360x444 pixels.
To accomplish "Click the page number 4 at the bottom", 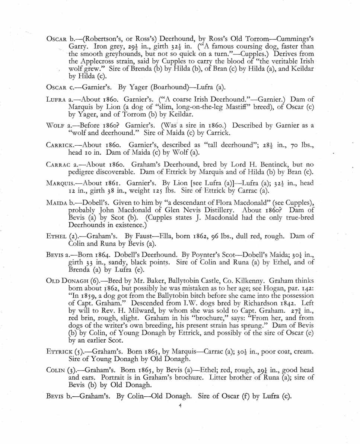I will click(x=180, y=407).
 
